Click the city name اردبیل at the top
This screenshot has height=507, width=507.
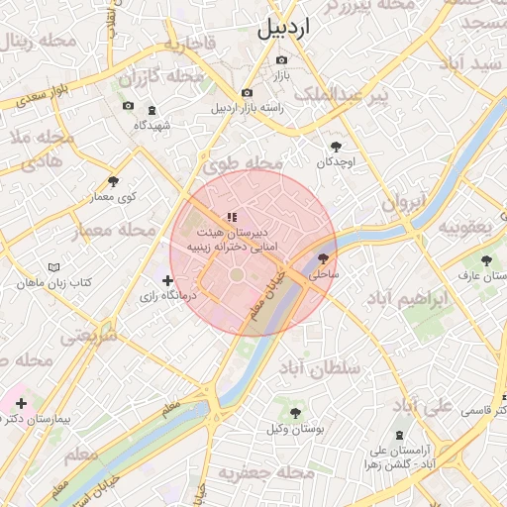pos(283,29)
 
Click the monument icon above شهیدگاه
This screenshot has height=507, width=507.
pos(152,110)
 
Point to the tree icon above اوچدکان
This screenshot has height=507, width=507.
pos(336,145)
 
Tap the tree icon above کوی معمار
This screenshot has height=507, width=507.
pos(114,181)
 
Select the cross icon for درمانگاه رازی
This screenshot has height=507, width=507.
pos(166,281)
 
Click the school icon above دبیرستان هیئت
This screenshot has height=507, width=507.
pos(232,217)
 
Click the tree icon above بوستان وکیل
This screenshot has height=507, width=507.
pos(294,412)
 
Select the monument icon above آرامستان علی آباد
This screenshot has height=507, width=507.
pos(400,436)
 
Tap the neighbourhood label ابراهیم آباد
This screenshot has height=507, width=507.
pos(406,298)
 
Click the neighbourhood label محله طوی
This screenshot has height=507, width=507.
pos(250,163)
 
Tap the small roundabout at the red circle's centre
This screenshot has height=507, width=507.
pos(238,273)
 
